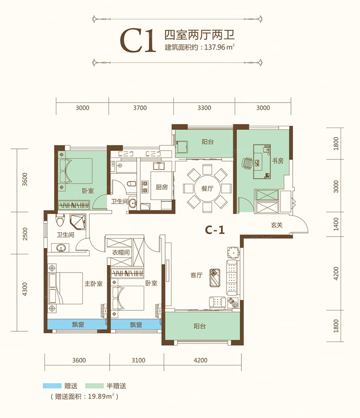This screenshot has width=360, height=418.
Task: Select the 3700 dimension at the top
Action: pyautogui.click(x=139, y=108)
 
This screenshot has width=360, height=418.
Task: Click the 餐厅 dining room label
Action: pyautogui.click(x=208, y=189)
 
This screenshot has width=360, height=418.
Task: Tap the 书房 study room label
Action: pyautogui.click(x=277, y=161)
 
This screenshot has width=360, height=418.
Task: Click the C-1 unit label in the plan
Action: pyautogui.click(x=214, y=230)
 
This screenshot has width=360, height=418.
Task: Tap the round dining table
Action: pyautogui.click(x=208, y=188)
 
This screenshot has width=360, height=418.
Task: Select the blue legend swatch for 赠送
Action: pyautogui.click(x=51, y=386)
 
